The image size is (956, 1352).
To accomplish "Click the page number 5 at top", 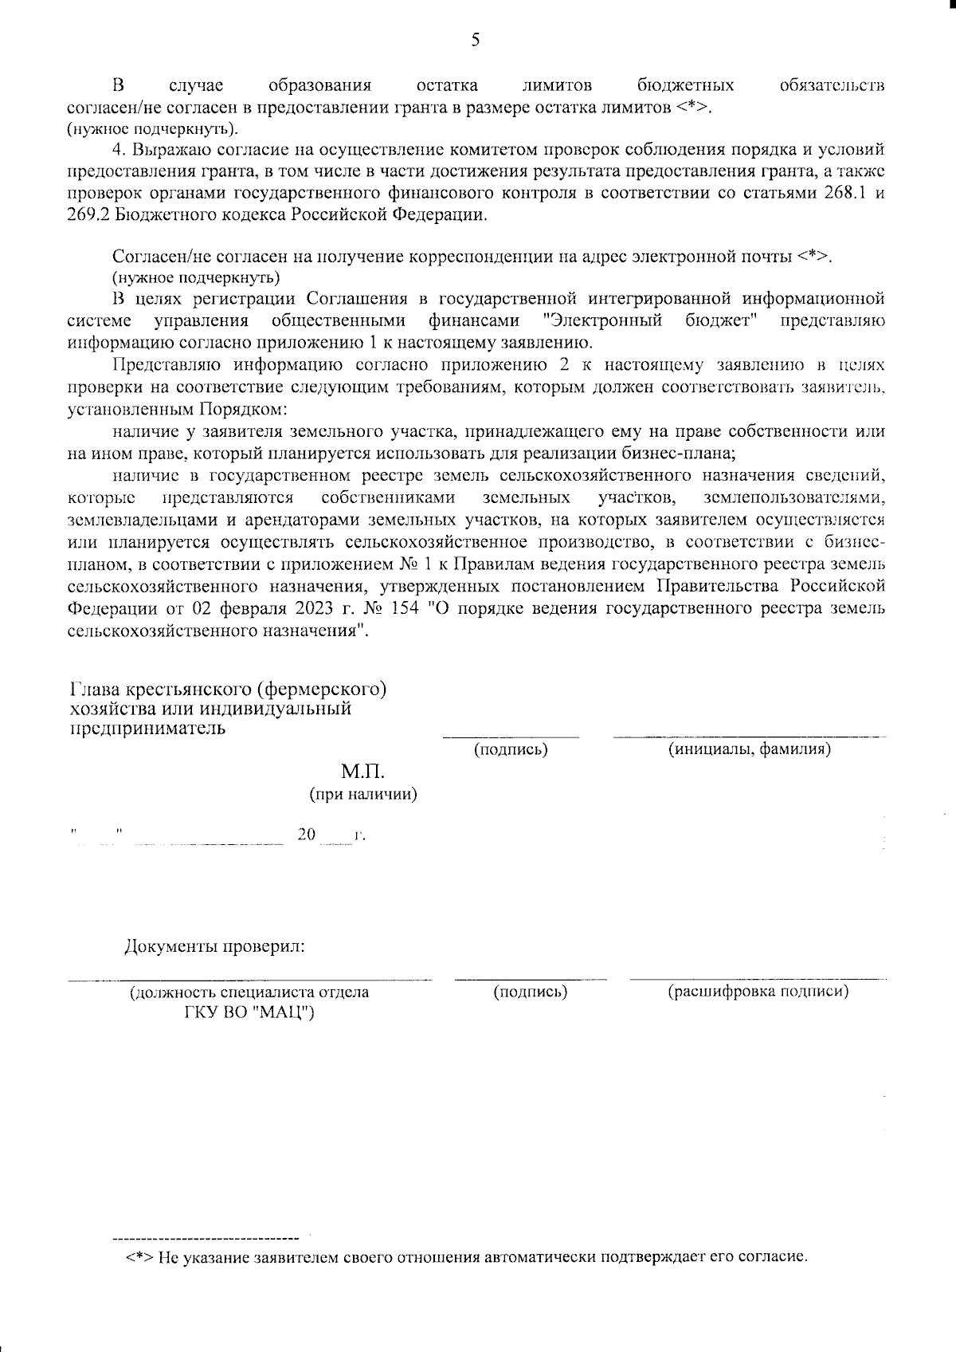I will click(476, 40).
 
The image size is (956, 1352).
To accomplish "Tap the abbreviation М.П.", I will click(362, 772).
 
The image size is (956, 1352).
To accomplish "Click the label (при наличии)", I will click(363, 795).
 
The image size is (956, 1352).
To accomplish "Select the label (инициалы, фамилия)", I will click(749, 749).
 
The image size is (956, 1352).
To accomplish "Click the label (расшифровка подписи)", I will click(758, 991).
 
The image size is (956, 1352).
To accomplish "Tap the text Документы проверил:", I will click(215, 947).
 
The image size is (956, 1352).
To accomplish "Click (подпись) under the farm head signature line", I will click(511, 749).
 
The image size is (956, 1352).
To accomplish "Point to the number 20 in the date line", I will click(307, 835).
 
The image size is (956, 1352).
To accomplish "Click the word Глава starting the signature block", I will click(95, 689).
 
